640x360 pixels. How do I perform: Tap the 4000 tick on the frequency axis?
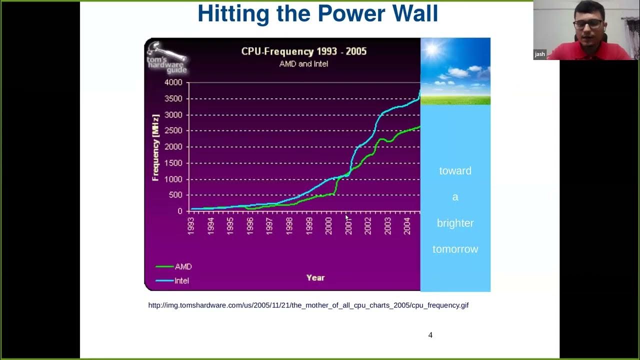(173, 82)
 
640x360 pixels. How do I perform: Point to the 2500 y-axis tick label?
(173, 131)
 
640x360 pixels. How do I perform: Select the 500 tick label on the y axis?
(176, 195)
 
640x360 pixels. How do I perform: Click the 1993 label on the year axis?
(191, 225)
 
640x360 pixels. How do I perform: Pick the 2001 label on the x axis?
(348, 225)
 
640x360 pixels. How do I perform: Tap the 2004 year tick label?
(407, 225)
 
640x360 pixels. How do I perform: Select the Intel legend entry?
(181, 280)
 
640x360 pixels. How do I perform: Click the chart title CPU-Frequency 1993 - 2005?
(304, 51)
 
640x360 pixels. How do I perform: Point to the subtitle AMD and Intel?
(303, 64)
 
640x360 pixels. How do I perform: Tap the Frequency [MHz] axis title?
(155, 147)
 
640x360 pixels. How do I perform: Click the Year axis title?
(315, 277)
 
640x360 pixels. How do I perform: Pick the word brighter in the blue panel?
(455, 223)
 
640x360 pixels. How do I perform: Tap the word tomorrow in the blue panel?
(455, 249)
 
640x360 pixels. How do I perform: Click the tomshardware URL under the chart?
(308, 305)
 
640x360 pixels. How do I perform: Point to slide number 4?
(430, 335)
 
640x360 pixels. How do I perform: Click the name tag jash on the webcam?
(540, 54)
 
